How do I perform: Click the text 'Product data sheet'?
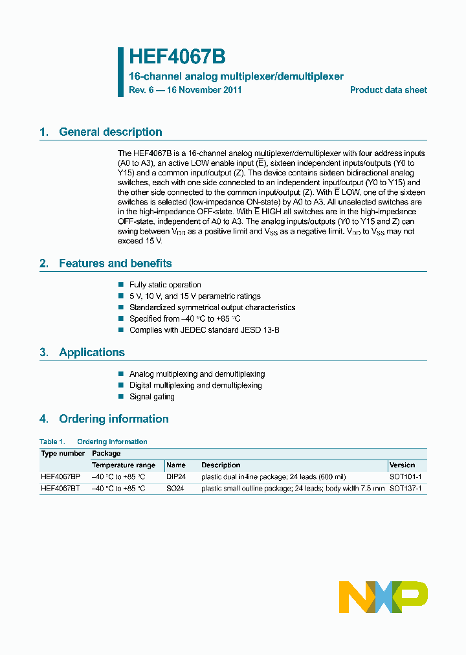[388, 90]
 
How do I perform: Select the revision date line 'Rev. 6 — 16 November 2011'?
[185, 90]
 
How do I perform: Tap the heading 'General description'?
[110, 132]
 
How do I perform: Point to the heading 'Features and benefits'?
[115, 263]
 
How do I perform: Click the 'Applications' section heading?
[91, 353]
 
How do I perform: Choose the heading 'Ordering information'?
[113, 419]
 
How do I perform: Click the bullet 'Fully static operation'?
[165, 285]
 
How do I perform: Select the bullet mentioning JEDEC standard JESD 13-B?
[204, 330]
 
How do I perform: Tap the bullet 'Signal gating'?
[151, 397]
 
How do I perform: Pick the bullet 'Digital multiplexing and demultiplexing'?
[195, 385]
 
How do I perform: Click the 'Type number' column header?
[63, 454]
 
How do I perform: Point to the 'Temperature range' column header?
[124, 465]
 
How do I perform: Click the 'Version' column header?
[402, 465]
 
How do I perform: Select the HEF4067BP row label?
[61, 476]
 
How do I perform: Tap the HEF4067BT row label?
[61, 488]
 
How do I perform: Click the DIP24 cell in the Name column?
[175, 476]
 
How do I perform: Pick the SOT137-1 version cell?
[405, 488]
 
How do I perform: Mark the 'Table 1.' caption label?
[52, 442]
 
